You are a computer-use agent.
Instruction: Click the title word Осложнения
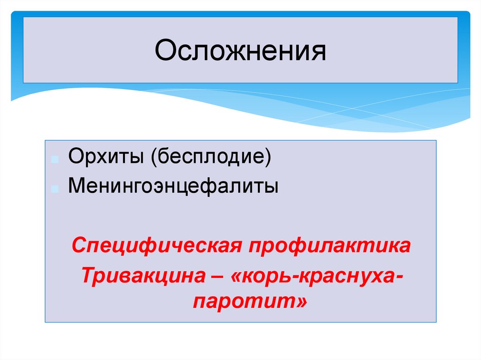pos(240,51)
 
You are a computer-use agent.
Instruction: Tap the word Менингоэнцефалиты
pos(173,185)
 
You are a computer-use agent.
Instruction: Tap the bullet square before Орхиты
pos(55,160)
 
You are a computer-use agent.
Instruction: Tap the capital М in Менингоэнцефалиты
pos(76,185)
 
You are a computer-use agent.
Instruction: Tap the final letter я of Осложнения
pos(319,52)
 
